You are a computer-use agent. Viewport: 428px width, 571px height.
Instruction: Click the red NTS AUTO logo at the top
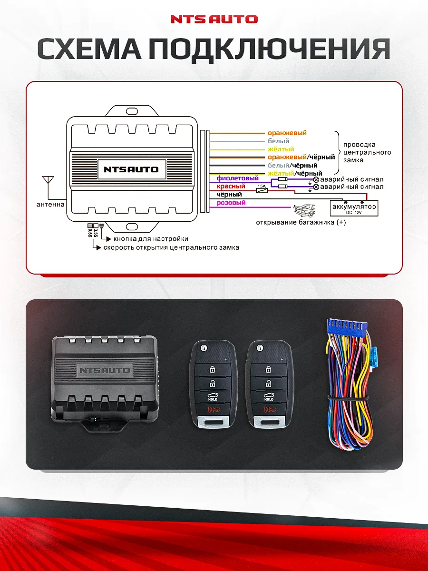(x=214, y=20)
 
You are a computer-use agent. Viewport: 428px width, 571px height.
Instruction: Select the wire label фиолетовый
(x=237, y=178)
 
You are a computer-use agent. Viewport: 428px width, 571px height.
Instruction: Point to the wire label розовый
(x=231, y=203)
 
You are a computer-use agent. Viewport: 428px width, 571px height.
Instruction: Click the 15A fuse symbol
(x=262, y=190)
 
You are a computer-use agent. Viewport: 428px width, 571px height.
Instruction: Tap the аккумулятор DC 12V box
(x=354, y=207)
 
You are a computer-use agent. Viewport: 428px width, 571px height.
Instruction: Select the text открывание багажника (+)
(x=301, y=222)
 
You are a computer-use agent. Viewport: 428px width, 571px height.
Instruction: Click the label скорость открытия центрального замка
(x=171, y=247)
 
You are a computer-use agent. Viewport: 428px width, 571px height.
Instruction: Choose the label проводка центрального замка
(x=367, y=152)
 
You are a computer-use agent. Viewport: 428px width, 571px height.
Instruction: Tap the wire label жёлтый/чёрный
(x=295, y=173)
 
